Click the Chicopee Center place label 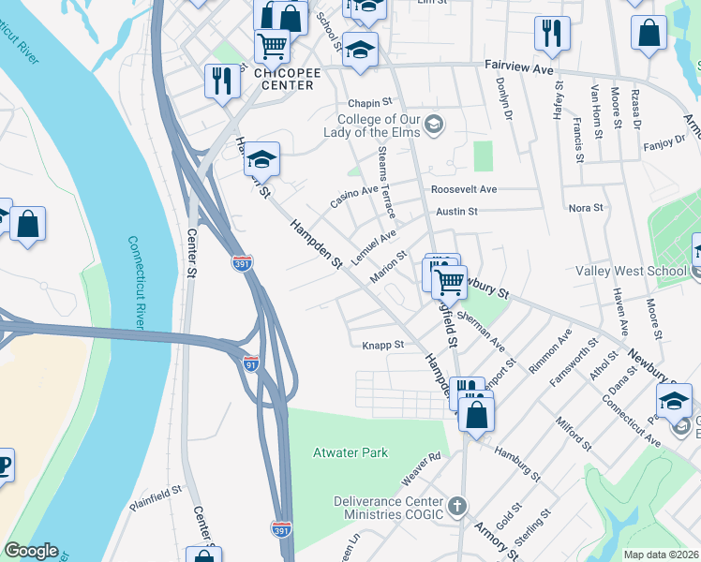[x=285, y=78]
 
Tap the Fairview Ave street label [x=520, y=68]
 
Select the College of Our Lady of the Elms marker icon [x=433, y=123]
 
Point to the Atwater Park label [x=350, y=453]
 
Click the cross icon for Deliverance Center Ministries [x=456, y=508]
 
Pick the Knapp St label [x=382, y=345]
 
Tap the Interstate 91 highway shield [x=250, y=361]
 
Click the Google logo [x=31, y=551]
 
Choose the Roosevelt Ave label [x=464, y=189]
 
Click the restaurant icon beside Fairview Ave [x=552, y=33]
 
